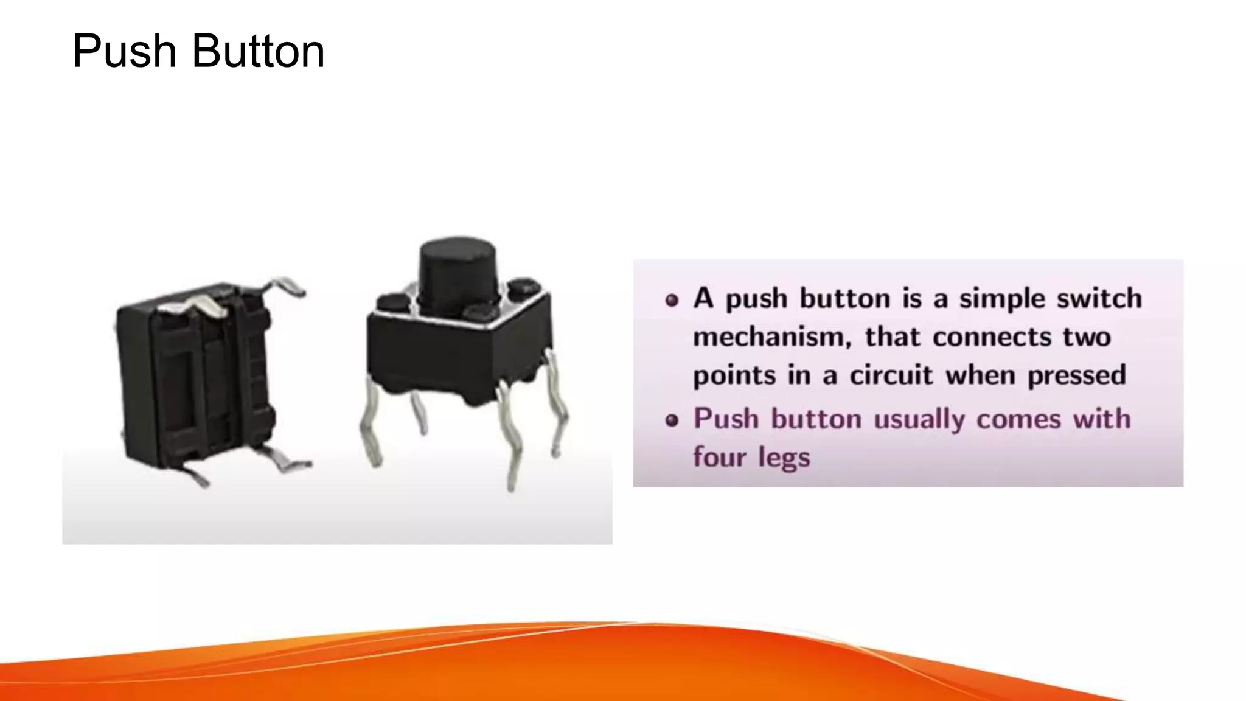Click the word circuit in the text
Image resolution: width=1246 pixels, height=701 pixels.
click(x=891, y=375)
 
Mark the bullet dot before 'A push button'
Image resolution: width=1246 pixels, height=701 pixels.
click(x=672, y=300)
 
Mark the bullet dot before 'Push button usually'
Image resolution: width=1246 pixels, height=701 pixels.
click(x=672, y=420)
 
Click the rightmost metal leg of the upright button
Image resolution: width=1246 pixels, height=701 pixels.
click(x=558, y=402)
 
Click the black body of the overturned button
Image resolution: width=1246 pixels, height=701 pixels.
click(x=195, y=377)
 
